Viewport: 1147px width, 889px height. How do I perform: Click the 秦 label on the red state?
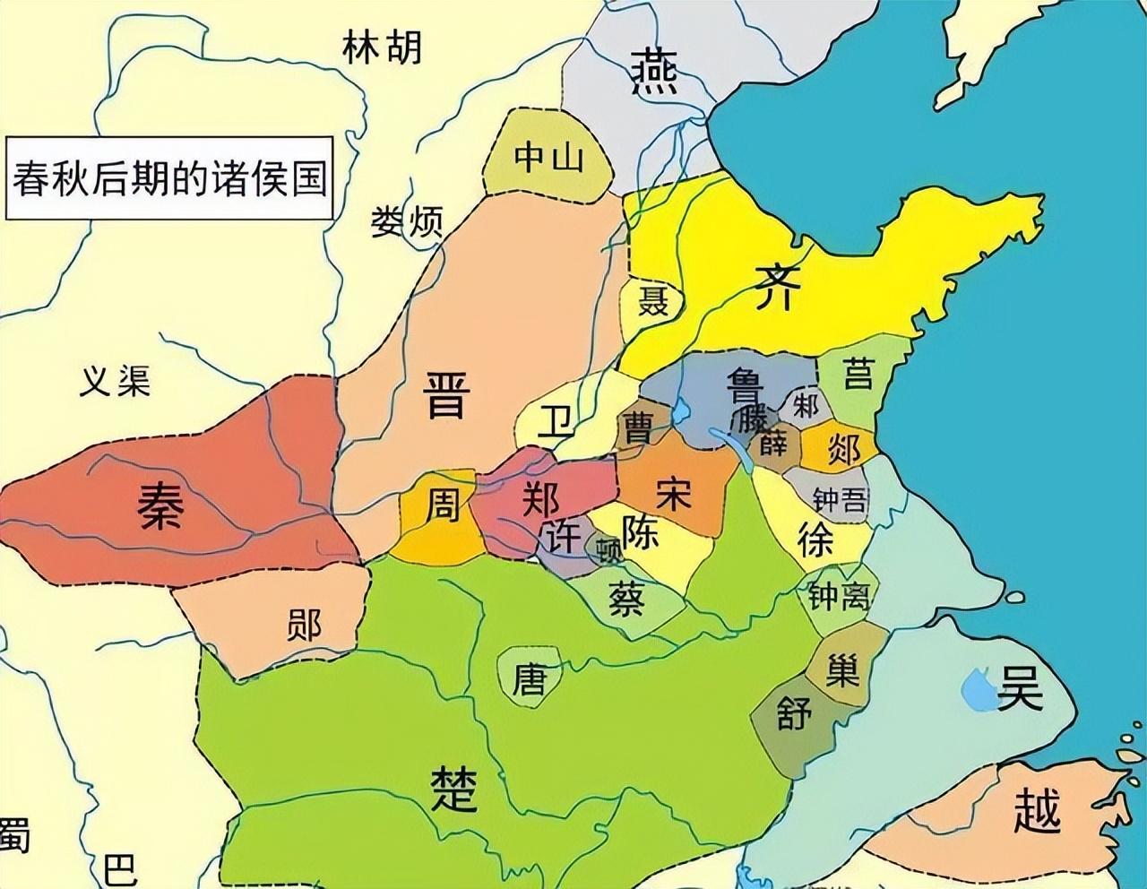click(161, 505)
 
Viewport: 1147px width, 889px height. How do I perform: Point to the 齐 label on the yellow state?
click(774, 287)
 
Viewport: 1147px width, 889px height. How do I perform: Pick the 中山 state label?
click(548, 158)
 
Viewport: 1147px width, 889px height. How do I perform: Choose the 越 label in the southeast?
click(1037, 809)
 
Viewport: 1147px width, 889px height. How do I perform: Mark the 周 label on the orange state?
click(441, 505)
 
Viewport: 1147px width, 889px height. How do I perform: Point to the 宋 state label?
click(673, 494)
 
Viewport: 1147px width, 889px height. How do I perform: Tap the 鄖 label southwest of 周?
click(303, 625)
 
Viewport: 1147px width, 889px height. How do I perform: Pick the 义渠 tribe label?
click(115, 382)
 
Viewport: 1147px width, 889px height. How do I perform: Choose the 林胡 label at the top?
click(382, 48)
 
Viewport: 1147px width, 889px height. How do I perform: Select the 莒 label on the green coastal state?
click(858, 372)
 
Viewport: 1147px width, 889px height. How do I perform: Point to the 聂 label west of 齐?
click(652, 301)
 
